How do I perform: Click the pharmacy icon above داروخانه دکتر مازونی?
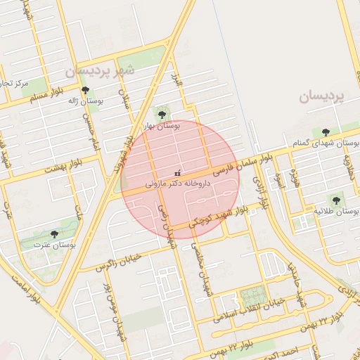coord(177,173)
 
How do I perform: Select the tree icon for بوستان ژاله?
coord(85,91)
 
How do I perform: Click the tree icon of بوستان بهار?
coord(162,114)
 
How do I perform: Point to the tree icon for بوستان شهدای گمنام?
coord(325,131)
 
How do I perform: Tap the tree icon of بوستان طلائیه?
coord(339,199)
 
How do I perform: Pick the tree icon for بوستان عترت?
coord(55,234)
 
